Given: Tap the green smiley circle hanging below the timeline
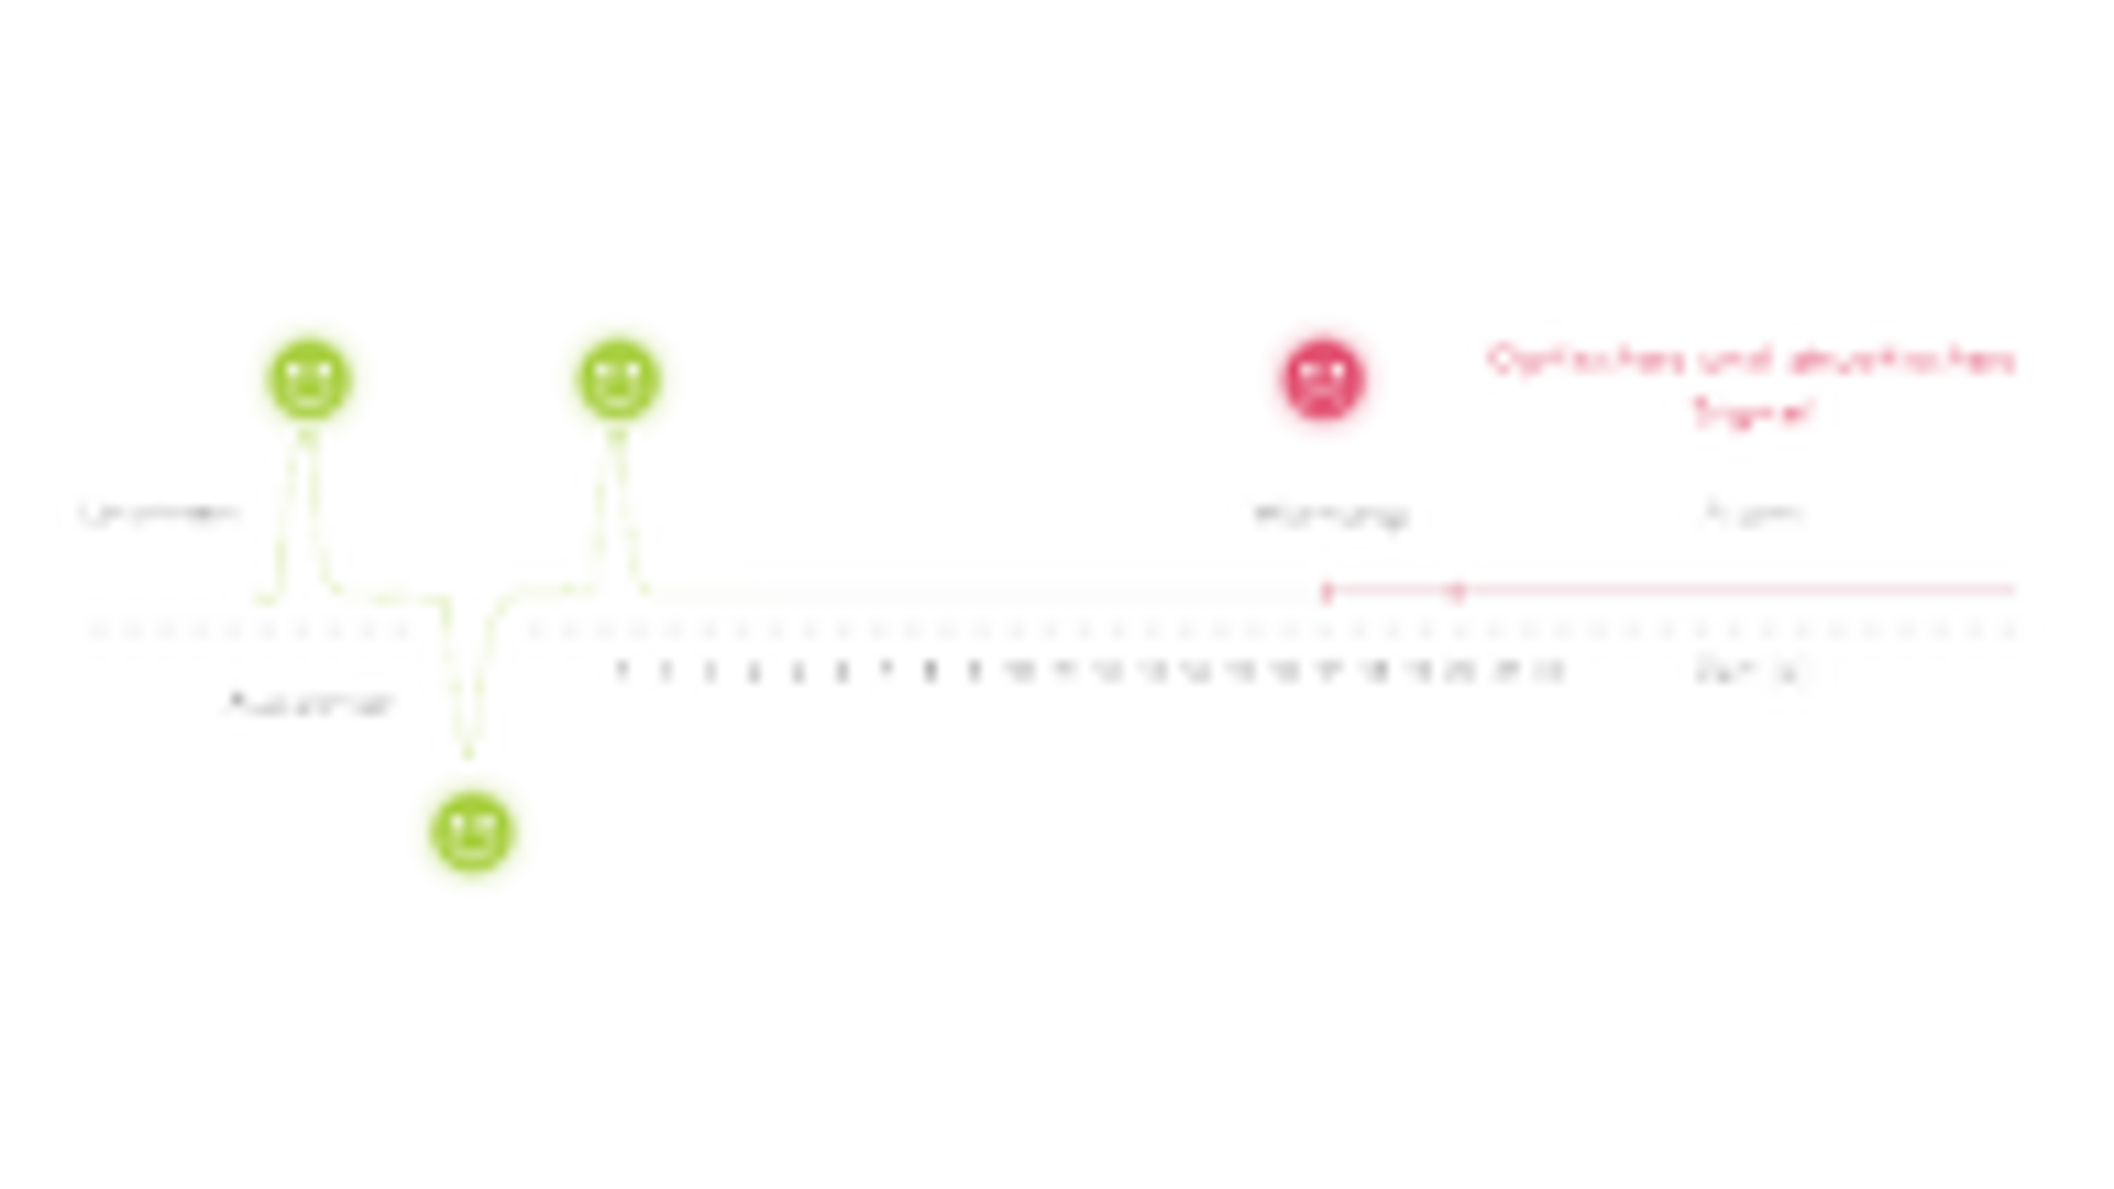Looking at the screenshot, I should pos(473,836).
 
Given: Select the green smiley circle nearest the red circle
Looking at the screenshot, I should pos(617,376).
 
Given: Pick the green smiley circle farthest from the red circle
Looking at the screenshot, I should pos(308,376).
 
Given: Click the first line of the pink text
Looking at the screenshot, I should pos(1748,359).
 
